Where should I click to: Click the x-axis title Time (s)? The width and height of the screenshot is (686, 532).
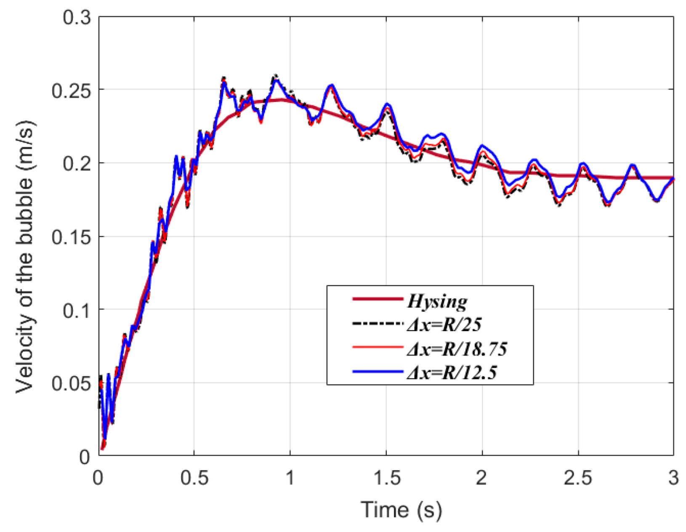click(x=401, y=510)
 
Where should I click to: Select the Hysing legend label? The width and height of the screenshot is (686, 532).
click(x=437, y=301)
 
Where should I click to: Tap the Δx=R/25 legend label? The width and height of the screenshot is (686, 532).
click(x=444, y=325)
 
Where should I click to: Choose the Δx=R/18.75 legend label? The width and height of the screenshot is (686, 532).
click(x=457, y=348)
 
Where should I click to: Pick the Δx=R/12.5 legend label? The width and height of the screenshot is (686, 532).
click(x=452, y=372)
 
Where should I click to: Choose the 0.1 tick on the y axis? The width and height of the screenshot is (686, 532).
click(x=77, y=310)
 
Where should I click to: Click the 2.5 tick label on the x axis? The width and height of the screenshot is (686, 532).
click(x=578, y=478)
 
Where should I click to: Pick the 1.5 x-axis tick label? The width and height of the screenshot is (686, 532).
click(x=386, y=478)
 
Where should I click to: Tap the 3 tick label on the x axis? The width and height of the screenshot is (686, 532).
click(x=673, y=478)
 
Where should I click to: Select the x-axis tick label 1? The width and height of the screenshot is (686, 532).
click(x=290, y=478)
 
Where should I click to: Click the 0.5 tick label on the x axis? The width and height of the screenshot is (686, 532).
click(x=194, y=478)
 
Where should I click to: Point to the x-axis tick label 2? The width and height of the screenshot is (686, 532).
click(x=482, y=478)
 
